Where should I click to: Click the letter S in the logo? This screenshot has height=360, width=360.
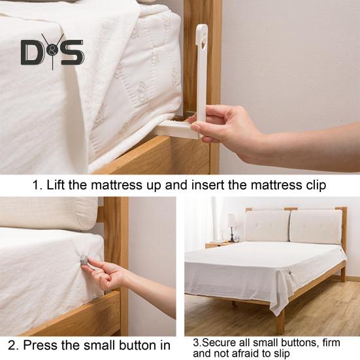pos(73,52)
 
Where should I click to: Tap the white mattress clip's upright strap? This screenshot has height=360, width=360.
pos(201,72)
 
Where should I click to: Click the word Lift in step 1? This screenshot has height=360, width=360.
pos(58,185)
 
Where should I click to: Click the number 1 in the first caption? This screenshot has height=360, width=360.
pos(37,185)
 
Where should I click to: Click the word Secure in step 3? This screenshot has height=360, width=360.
pos(216,341)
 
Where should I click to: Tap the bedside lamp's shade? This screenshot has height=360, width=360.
pos(232,220)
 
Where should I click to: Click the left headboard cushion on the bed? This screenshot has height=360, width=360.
pos(267,225)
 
